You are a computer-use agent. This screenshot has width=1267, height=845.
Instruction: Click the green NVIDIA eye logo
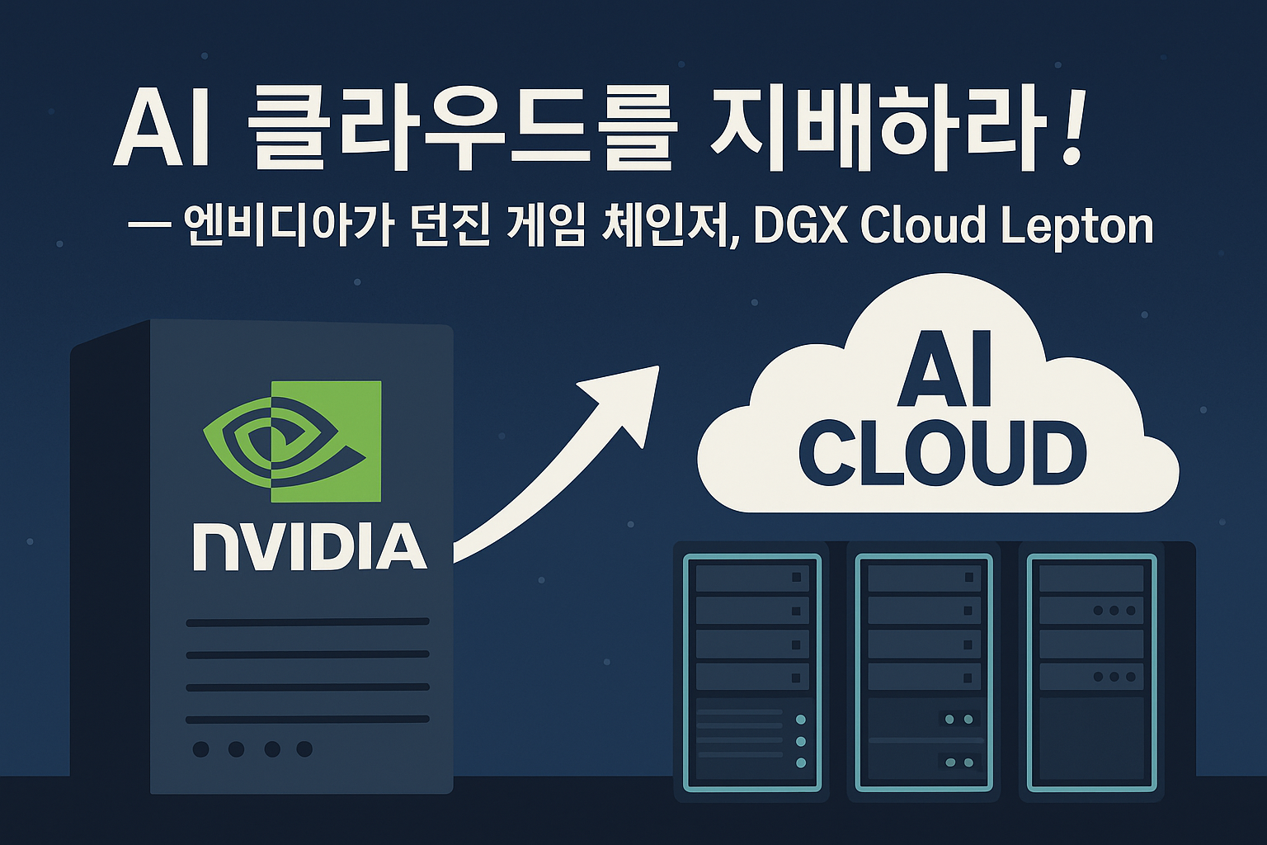pyautogui.click(x=292, y=441)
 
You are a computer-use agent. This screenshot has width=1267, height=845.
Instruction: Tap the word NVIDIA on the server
pyautogui.click(x=309, y=546)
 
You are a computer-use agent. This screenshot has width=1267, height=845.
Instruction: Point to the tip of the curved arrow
pyautogui.click(x=655, y=369)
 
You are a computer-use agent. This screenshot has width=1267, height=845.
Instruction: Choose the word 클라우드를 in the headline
pyautogui.click(x=462, y=135)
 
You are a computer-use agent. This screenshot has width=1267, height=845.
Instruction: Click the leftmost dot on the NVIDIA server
pyautogui.click(x=200, y=749)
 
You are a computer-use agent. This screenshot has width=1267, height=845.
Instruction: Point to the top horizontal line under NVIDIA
pyautogui.click(x=308, y=622)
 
